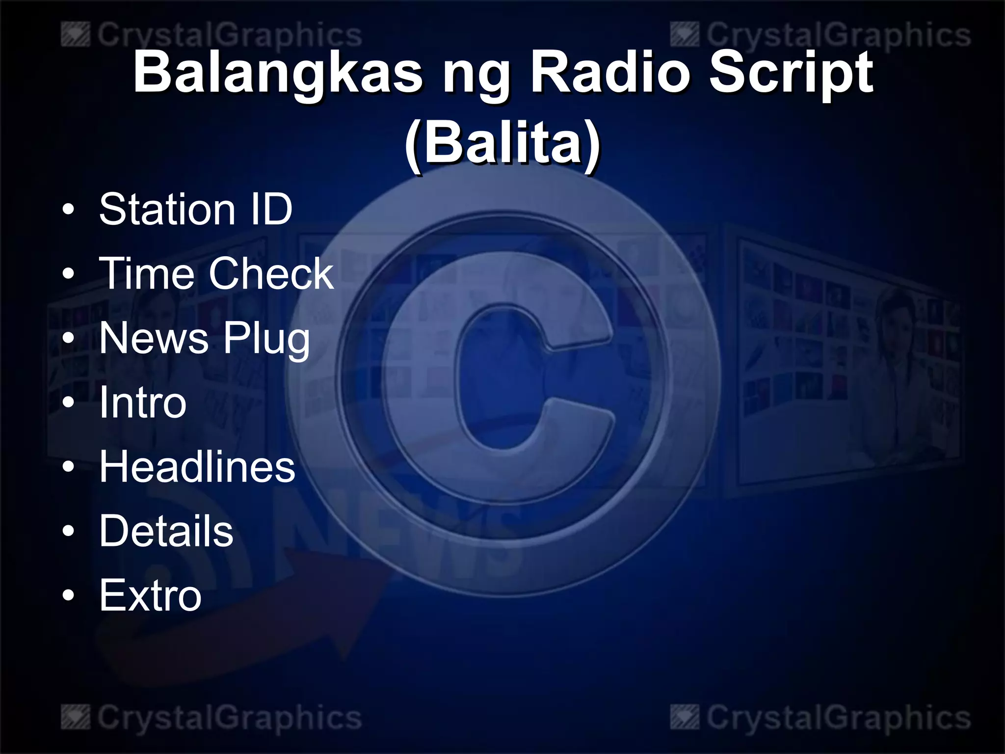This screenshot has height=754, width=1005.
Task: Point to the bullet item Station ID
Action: [196, 210]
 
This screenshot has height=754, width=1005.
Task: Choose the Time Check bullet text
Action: [216, 274]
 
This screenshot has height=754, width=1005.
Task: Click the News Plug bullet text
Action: [205, 338]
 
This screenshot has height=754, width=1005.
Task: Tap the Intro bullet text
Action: [143, 403]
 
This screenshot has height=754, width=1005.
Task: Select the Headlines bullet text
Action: [197, 467]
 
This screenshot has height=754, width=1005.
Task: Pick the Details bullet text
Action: [166, 531]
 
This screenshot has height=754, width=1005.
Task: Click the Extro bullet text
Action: [150, 595]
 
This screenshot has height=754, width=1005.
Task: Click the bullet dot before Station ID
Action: [69, 211]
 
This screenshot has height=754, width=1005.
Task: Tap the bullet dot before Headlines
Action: [69, 468]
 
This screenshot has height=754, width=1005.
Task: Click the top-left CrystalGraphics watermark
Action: [212, 36]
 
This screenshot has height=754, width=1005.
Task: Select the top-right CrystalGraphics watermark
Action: [820, 36]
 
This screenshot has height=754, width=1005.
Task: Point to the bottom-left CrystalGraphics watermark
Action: [212, 718]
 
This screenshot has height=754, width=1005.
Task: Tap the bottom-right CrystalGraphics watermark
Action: [820, 718]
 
